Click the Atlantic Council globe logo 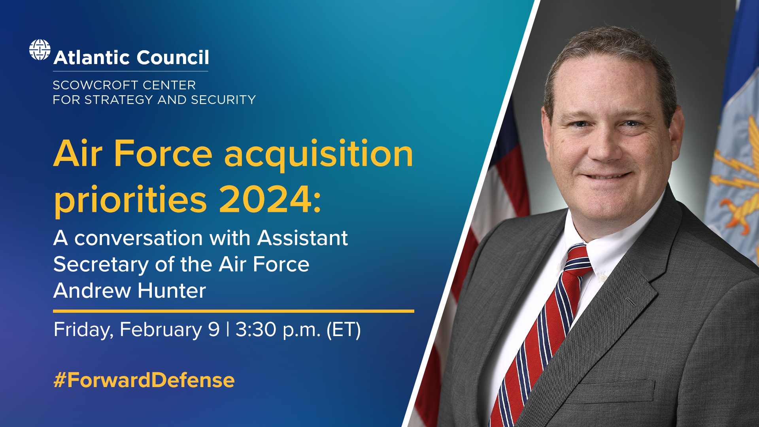[40, 50]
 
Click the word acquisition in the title [319, 154]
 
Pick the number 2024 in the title [266, 199]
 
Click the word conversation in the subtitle [139, 238]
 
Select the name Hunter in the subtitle [172, 291]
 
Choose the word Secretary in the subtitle [101, 265]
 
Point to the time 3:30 [256, 329]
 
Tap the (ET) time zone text [344, 330]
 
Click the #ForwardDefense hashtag [144, 380]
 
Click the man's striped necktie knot [578, 259]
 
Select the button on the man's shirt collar [603, 278]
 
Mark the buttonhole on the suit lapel [631, 302]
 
